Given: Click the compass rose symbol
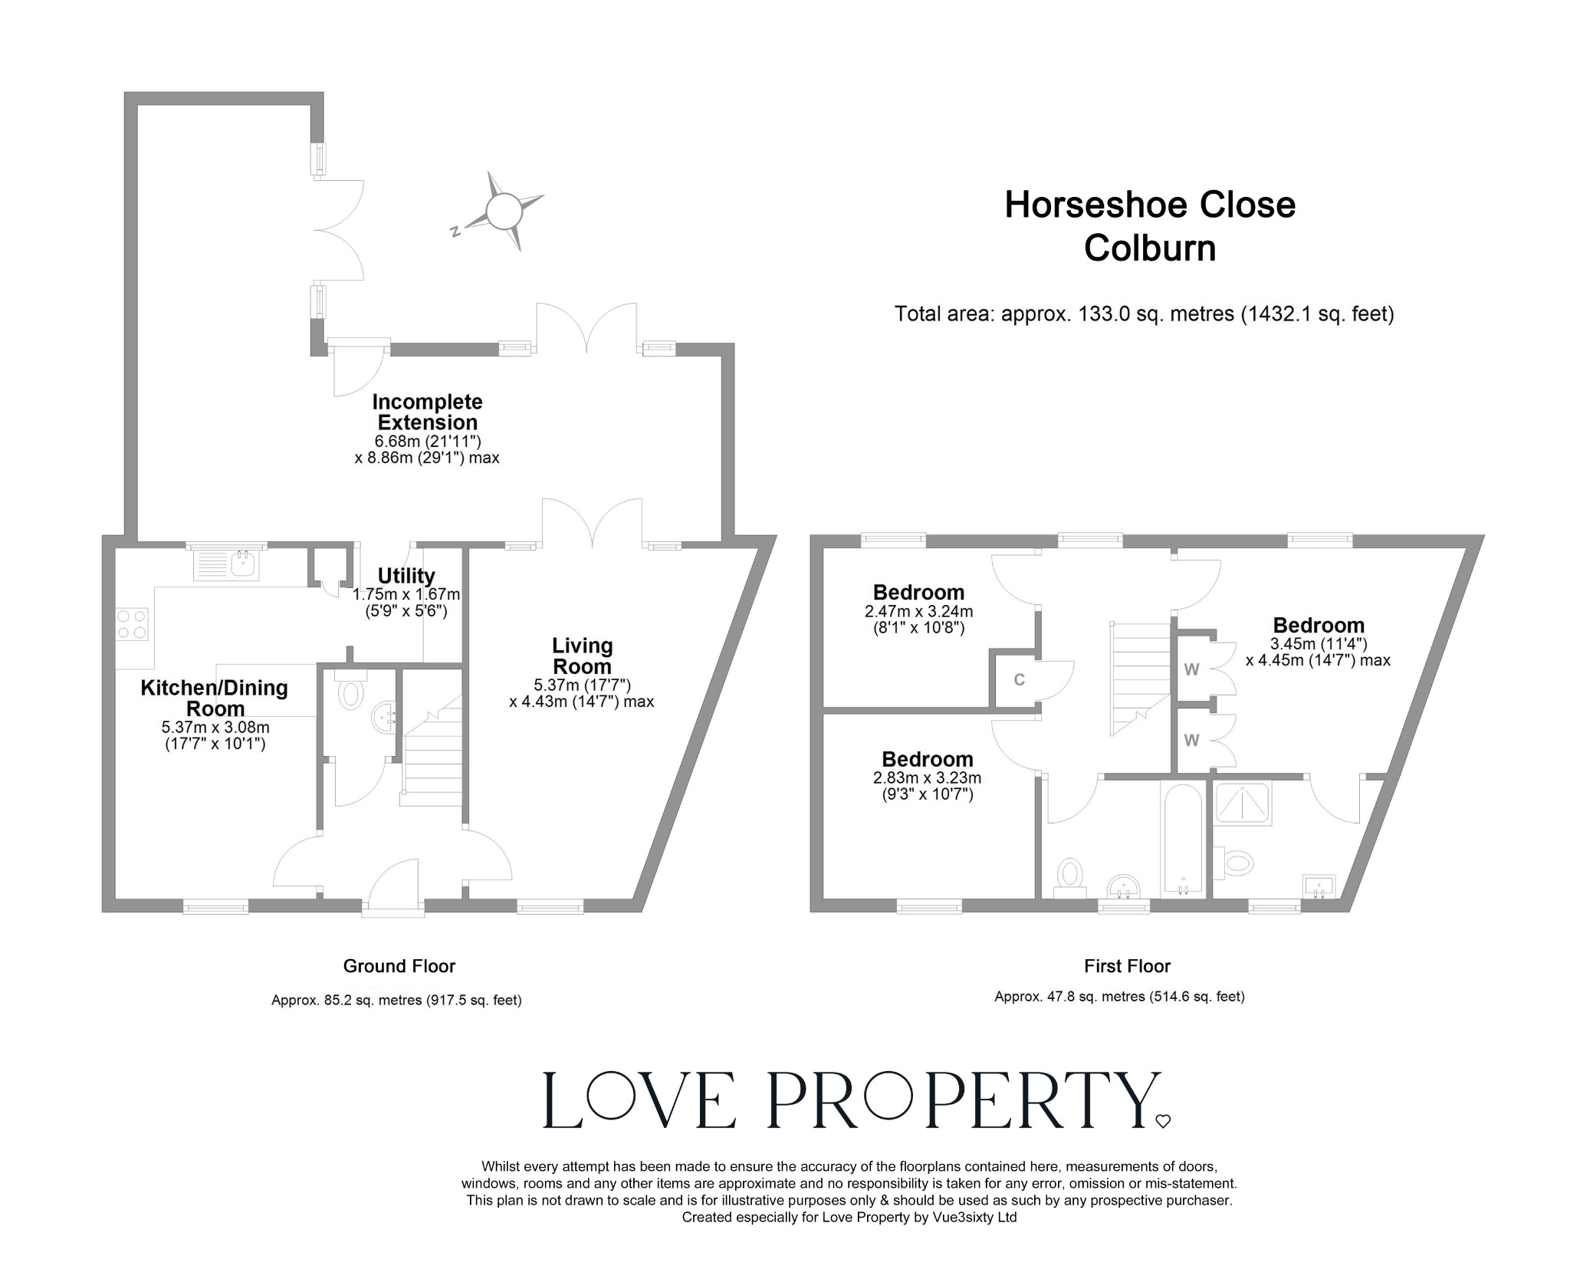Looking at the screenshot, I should (504, 210).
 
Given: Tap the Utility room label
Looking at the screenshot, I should (406, 576).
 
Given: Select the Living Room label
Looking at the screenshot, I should (583, 656).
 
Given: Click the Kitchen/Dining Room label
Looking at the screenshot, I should (214, 698).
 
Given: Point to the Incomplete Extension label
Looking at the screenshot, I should (427, 412).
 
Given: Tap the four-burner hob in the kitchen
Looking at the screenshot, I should (131, 623).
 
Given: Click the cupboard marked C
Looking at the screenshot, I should (1019, 680).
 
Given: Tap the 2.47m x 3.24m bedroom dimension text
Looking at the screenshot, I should (918, 612).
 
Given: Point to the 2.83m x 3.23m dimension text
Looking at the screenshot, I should (927, 777).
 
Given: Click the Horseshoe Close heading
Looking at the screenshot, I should (1149, 205).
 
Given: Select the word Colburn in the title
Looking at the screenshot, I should (1149, 248).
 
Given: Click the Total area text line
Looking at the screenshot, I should (1143, 314).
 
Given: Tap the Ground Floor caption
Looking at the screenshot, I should (399, 966).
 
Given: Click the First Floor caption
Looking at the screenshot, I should (1127, 966).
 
